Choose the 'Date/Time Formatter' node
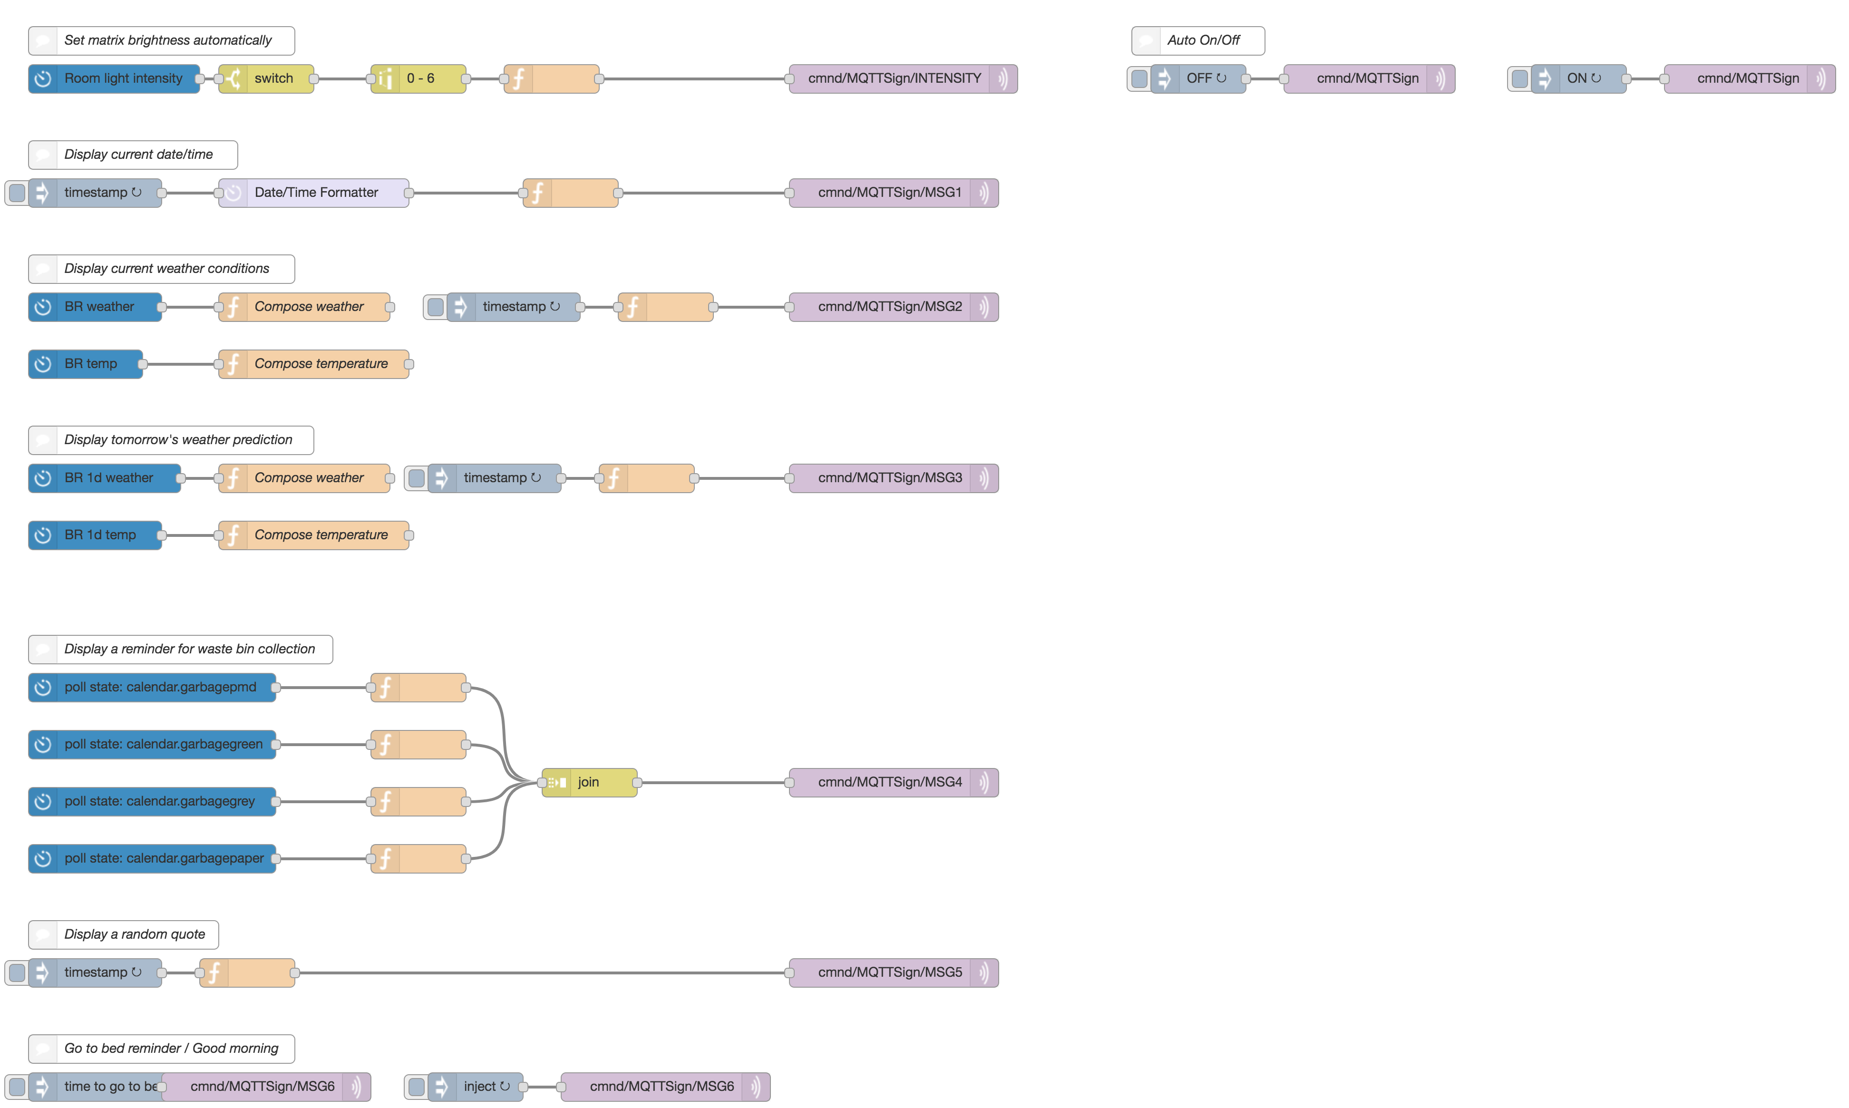coord(314,193)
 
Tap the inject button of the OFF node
coord(1139,78)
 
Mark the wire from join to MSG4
coord(713,782)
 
